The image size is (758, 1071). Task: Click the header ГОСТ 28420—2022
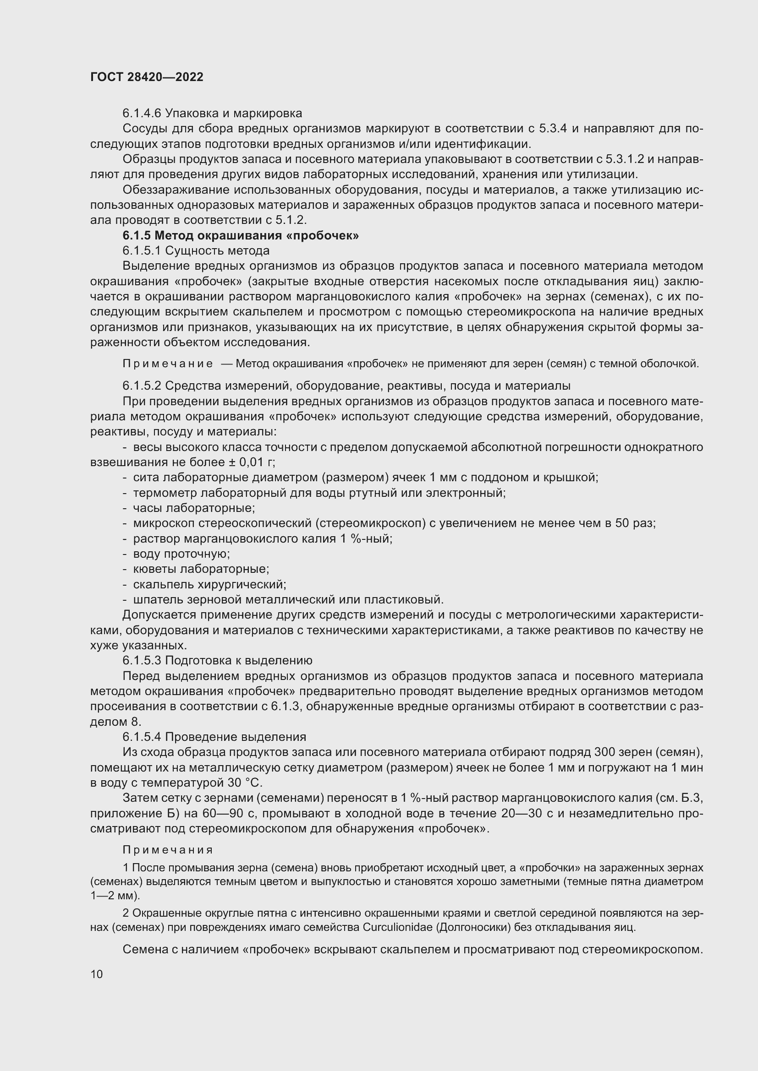click(x=147, y=77)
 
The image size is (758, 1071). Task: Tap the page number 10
click(x=97, y=974)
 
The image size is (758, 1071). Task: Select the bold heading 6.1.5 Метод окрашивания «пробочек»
click(x=241, y=235)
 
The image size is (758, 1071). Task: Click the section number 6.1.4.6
click(x=143, y=114)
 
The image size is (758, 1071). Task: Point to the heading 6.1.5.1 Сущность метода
click(x=196, y=250)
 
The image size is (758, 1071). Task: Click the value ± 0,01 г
click(x=251, y=462)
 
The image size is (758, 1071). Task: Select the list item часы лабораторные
click(x=194, y=508)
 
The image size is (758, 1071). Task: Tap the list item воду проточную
click(x=181, y=554)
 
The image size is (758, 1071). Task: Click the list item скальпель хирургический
click(x=209, y=584)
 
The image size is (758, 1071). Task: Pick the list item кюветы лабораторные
click(x=201, y=569)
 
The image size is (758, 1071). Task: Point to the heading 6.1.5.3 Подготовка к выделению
click(x=218, y=661)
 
